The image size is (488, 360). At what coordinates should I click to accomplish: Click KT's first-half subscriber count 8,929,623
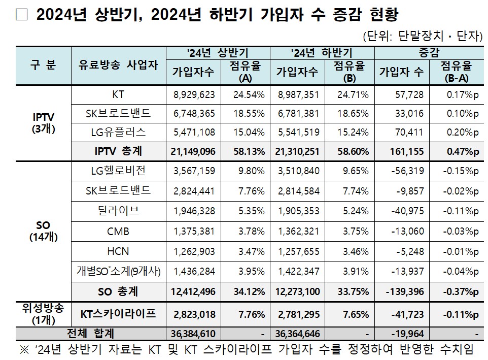194,95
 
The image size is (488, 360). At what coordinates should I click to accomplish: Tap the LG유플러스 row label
118,133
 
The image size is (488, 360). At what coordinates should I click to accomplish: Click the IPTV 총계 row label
118,151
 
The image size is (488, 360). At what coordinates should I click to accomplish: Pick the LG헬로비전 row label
118,172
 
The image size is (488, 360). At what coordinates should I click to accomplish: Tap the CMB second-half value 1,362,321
298,232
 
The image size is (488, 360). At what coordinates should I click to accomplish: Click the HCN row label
118,251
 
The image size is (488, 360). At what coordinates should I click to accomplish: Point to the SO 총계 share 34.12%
247,292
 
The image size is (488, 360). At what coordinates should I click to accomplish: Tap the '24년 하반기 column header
322,53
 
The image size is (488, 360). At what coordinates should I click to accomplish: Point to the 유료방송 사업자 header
118,66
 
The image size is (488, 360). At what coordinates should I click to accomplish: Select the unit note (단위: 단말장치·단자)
422,36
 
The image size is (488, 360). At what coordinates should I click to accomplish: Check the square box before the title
21,15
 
